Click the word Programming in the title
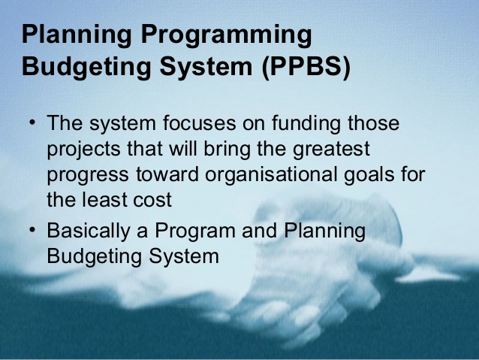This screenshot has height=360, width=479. (227, 35)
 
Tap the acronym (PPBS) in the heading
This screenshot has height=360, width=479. (306, 66)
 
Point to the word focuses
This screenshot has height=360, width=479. (199, 123)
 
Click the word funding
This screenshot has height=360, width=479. (306, 124)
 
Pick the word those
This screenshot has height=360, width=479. (374, 123)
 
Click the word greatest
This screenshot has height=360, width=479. (331, 150)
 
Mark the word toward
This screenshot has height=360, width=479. (167, 174)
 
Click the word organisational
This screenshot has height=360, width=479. (271, 175)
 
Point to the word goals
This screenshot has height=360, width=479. (369, 175)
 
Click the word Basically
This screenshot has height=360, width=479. (89, 231)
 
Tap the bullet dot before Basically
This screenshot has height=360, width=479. (32, 230)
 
